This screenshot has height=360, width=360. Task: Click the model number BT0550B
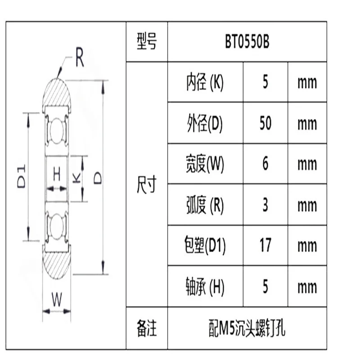(x=247, y=42)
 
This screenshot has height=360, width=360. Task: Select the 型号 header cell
(x=147, y=42)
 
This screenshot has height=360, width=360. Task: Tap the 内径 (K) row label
(x=205, y=82)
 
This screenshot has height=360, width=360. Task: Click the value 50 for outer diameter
(x=265, y=123)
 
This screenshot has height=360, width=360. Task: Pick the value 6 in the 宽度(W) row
(x=265, y=164)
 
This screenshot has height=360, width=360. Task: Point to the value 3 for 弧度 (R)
(x=265, y=205)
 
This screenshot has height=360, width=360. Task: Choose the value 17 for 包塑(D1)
(x=265, y=245)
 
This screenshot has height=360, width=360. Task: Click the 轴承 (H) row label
(x=205, y=286)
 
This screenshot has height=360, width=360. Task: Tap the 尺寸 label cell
(x=147, y=184)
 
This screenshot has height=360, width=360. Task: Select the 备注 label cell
(x=147, y=328)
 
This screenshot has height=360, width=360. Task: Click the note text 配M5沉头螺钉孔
(x=247, y=328)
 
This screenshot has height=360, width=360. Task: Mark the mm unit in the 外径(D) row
(x=307, y=123)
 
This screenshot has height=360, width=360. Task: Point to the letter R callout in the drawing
(x=79, y=59)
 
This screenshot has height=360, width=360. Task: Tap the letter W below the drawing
(x=56, y=299)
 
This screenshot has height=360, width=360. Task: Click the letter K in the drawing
(x=76, y=178)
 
